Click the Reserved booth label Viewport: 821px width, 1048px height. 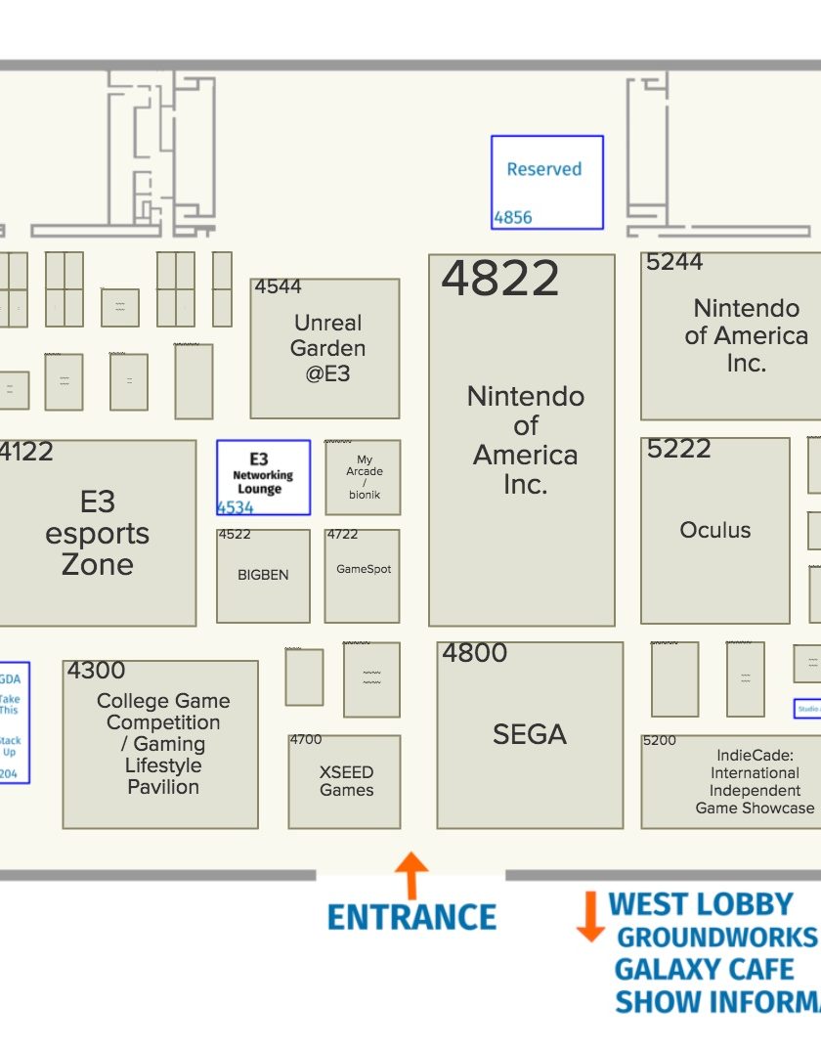point(543,169)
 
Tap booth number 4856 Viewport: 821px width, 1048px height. point(513,217)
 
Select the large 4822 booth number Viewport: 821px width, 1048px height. point(499,279)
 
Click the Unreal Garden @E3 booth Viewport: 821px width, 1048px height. point(328,348)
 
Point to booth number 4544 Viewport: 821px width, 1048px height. point(279,286)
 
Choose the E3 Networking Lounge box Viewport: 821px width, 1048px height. point(263,476)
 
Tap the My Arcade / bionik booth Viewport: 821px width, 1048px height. point(364,477)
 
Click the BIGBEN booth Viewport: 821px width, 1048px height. point(263,575)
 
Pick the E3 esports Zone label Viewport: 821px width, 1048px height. point(97,533)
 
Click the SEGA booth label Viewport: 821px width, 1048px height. point(529,734)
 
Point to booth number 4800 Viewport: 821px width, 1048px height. point(474,653)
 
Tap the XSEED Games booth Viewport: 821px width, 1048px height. point(346,780)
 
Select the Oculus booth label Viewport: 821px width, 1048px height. point(715,530)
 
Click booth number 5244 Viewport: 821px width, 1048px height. point(674,262)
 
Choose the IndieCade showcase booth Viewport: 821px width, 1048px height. point(754,781)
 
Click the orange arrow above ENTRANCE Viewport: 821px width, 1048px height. point(411,874)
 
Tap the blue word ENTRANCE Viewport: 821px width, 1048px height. point(411,917)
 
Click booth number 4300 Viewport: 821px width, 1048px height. point(96,671)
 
